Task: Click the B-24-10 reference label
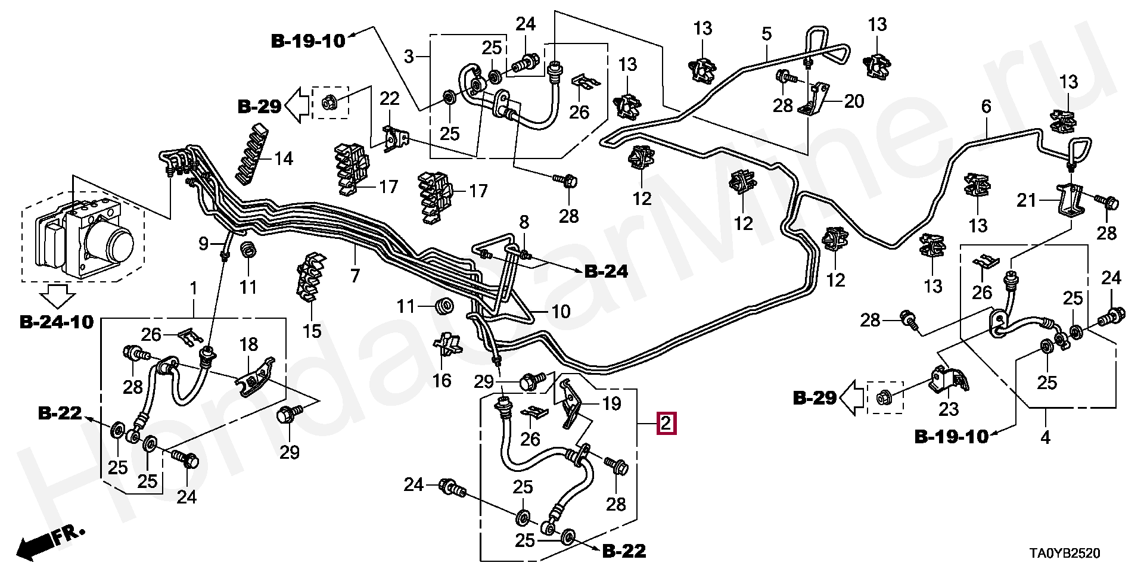57,322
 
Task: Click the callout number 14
284,159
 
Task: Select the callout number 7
355,276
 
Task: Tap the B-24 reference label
605,272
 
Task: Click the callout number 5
766,34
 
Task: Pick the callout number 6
986,107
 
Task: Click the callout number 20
853,102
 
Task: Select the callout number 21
1026,201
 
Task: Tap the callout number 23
949,409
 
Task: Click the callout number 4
1045,438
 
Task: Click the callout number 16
442,380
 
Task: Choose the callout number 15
312,331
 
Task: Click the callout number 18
248,344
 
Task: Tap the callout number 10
560,312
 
